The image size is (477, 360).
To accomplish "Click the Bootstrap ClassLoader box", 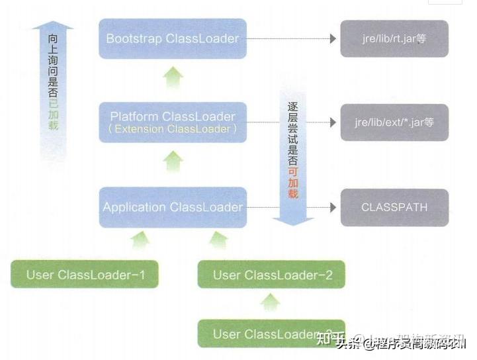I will point(172,38).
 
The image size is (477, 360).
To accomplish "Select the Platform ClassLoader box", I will point(172,122).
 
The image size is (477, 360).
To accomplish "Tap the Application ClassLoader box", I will point(172,207).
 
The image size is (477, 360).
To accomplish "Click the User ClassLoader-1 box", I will point(85,274).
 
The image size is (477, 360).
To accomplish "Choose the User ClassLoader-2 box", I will point(271,274).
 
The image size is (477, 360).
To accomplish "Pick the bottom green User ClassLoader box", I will point(271,334).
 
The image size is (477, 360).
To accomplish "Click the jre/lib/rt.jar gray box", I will point(394,38).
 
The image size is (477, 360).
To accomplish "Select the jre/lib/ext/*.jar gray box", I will point(394,122).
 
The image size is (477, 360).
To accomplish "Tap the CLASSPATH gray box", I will point(394,207).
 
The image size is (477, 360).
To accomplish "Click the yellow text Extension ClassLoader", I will point(173,129).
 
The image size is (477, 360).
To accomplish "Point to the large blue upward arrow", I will point(52,86).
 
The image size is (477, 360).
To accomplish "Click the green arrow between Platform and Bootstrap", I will point(173,79).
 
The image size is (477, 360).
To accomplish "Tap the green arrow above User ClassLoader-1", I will point(140,240).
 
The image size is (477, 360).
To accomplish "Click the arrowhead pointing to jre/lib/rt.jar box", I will point(333,38).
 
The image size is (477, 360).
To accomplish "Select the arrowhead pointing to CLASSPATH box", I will point(333,207).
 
